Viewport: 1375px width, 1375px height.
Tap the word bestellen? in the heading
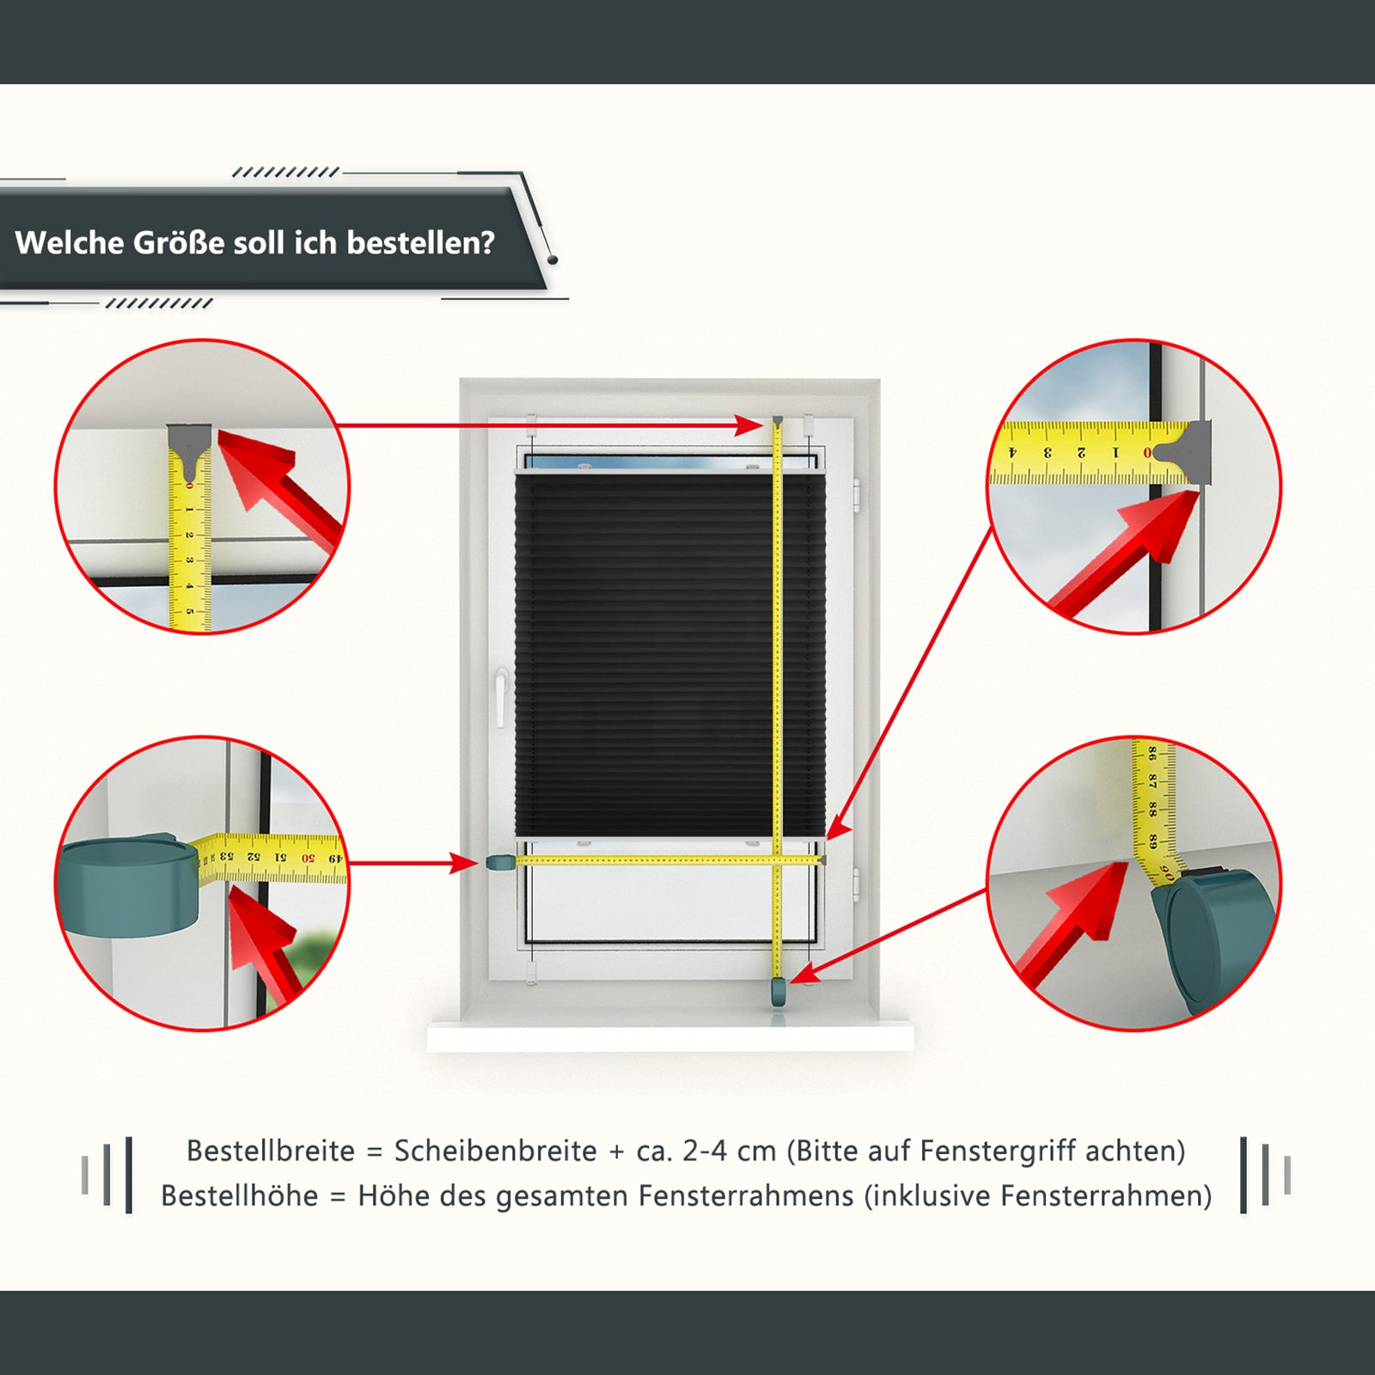click(421, 243)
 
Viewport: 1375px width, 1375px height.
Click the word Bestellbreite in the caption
click(271, 1151)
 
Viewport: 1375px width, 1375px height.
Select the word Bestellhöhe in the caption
click(239, 1195)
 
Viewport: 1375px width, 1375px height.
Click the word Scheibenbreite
click(496, 1151)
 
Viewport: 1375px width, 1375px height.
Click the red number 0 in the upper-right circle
click(1147, 453)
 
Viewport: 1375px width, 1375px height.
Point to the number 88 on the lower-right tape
click(1152, 809)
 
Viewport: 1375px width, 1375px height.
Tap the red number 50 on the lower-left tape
click(308, 858)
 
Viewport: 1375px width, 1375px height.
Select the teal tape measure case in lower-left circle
click(129, 887)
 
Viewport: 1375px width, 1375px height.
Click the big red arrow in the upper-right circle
click(1126, 550)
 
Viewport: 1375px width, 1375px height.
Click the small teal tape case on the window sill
click(779, 992)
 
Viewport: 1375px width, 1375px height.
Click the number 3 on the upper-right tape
click(1047, 453)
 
